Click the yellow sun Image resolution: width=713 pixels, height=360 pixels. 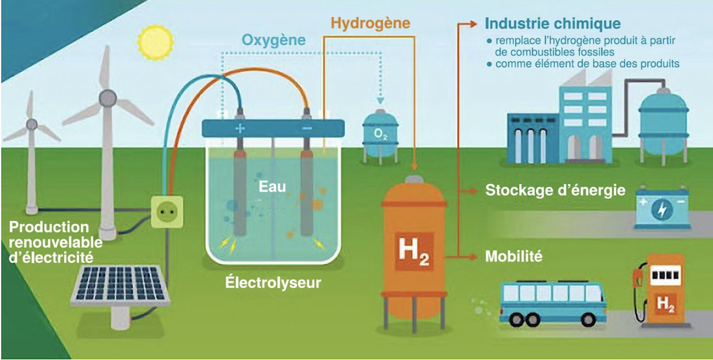click(x=151, y=42)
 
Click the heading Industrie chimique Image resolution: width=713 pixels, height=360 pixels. click(x=552, y=24)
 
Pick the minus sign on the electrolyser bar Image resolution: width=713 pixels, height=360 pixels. click(x=307, y=128)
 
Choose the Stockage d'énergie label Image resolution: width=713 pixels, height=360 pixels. click(x=555, y=190)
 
